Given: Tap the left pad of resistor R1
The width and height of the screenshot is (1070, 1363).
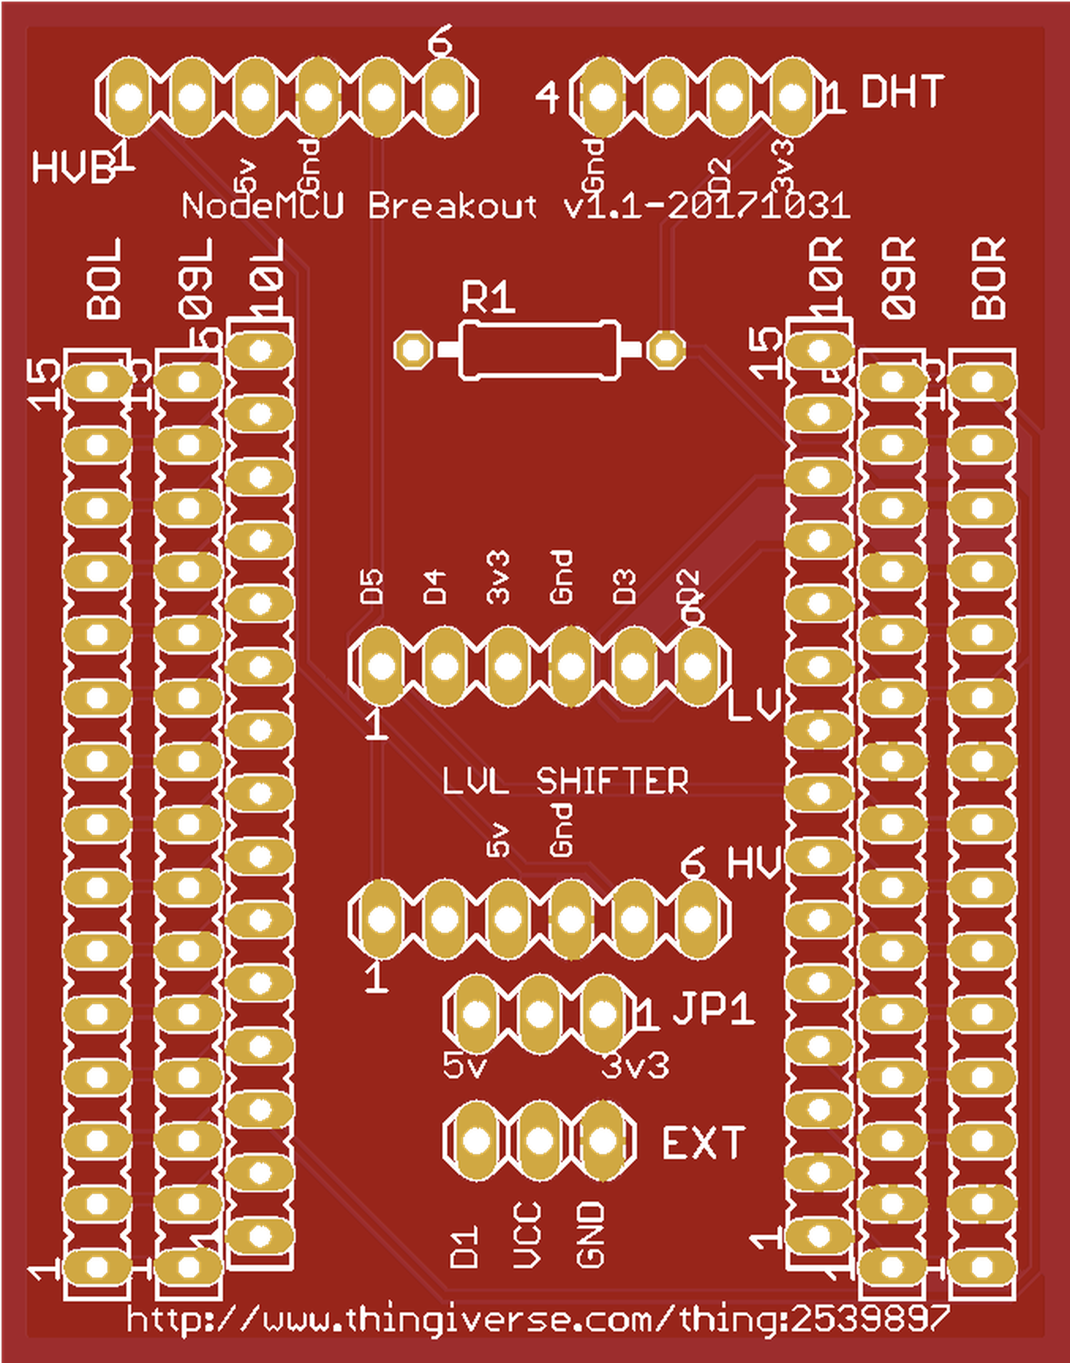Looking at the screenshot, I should point(413,350).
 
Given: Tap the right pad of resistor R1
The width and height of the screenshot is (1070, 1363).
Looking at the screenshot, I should point(665,350).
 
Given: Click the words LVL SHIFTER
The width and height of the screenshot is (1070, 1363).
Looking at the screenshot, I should point(565,781).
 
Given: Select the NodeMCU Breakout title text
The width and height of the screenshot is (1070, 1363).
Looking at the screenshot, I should point(515,206).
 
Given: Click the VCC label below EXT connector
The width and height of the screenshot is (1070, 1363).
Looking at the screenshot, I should point(527,1236).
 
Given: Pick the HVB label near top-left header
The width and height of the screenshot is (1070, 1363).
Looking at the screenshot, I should point(73,168).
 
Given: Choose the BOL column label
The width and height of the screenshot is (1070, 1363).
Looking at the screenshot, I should point(104,280).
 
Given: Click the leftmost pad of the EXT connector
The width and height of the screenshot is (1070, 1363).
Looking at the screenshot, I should point(476,1140).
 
